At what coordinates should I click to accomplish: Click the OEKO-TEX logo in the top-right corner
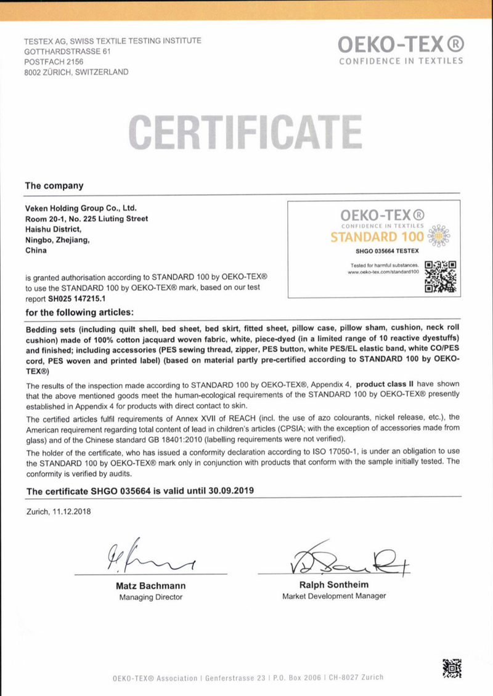point(401,44)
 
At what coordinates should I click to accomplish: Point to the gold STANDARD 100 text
point(377,237)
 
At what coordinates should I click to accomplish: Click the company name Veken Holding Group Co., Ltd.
point(81,208)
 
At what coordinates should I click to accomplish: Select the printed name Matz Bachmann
point(150,586)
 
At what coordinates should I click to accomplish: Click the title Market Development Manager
point(334,596)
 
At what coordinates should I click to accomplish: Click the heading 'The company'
point(54,185)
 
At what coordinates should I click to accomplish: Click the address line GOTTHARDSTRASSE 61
point(68,51)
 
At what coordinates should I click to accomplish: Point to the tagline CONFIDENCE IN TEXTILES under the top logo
point(401,61)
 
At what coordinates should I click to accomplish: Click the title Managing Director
point(150,597)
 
